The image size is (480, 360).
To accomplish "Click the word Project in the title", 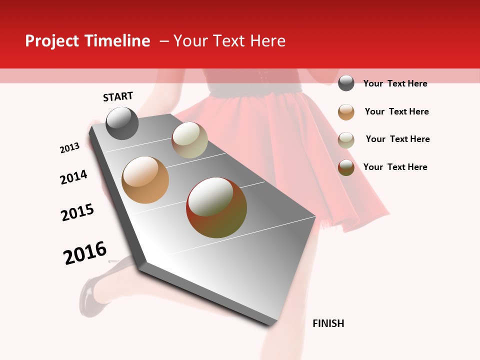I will click(52, 41).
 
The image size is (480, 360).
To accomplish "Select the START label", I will click(118, 96).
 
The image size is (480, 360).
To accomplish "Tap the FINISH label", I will click(328, 323).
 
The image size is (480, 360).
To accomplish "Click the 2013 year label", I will click(69, 148).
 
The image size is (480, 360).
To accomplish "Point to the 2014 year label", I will click(73, 177).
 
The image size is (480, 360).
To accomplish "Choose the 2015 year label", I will click(77, 212).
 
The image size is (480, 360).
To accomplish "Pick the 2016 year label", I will click(85, 252).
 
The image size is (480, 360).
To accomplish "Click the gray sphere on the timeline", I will click(122, 123).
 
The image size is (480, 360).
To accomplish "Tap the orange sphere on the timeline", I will click(145, 180).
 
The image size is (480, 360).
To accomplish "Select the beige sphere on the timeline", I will click(189, 140).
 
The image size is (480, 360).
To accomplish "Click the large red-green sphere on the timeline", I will click(216, 207).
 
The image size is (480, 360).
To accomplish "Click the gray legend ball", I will click(346, 83).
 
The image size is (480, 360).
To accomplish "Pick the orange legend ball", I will click(346, 112).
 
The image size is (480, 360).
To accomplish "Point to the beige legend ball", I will click(346, 140).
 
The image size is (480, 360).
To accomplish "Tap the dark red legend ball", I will click(346, 167).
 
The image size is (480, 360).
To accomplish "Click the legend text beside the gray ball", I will click(395, 83).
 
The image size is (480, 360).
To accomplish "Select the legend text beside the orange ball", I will click(396, 111).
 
